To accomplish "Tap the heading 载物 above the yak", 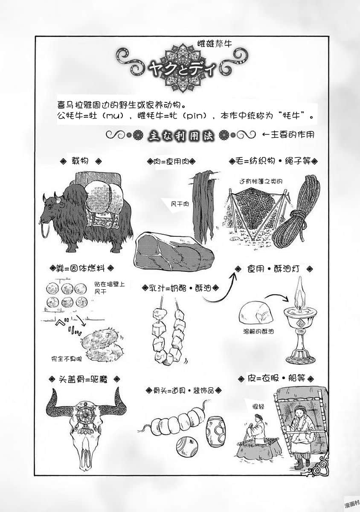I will point(80,161).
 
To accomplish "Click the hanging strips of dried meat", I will point(204,205).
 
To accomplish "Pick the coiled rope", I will point(296,213).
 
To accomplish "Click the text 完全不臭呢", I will point(66,359).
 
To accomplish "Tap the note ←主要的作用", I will point(288,135).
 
